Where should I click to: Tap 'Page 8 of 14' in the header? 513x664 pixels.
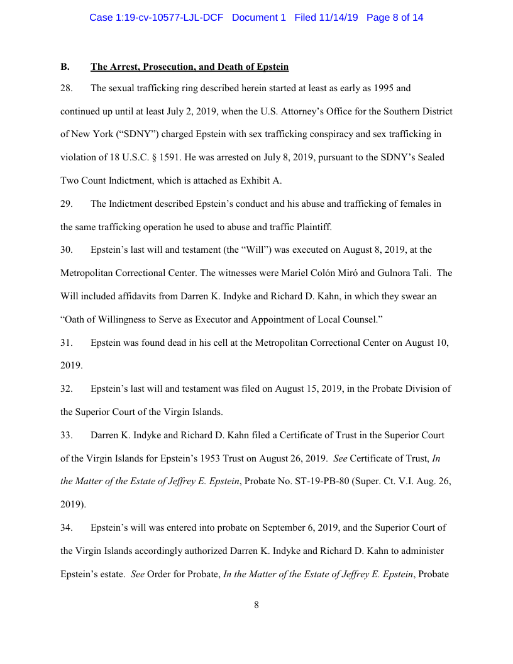pos(395,18)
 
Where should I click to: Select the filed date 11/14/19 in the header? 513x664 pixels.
pos(336,18)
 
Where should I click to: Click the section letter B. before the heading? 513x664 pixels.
pos(64,67)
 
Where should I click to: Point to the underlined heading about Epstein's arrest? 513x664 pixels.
pos(189,67)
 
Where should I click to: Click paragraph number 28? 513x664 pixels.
pos(67,89)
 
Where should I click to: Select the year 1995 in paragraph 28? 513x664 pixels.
pos(384,89)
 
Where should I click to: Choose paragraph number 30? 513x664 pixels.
pos(67,250)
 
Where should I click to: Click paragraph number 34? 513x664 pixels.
pos(67,528)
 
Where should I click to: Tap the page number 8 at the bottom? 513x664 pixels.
pos(256,605)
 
